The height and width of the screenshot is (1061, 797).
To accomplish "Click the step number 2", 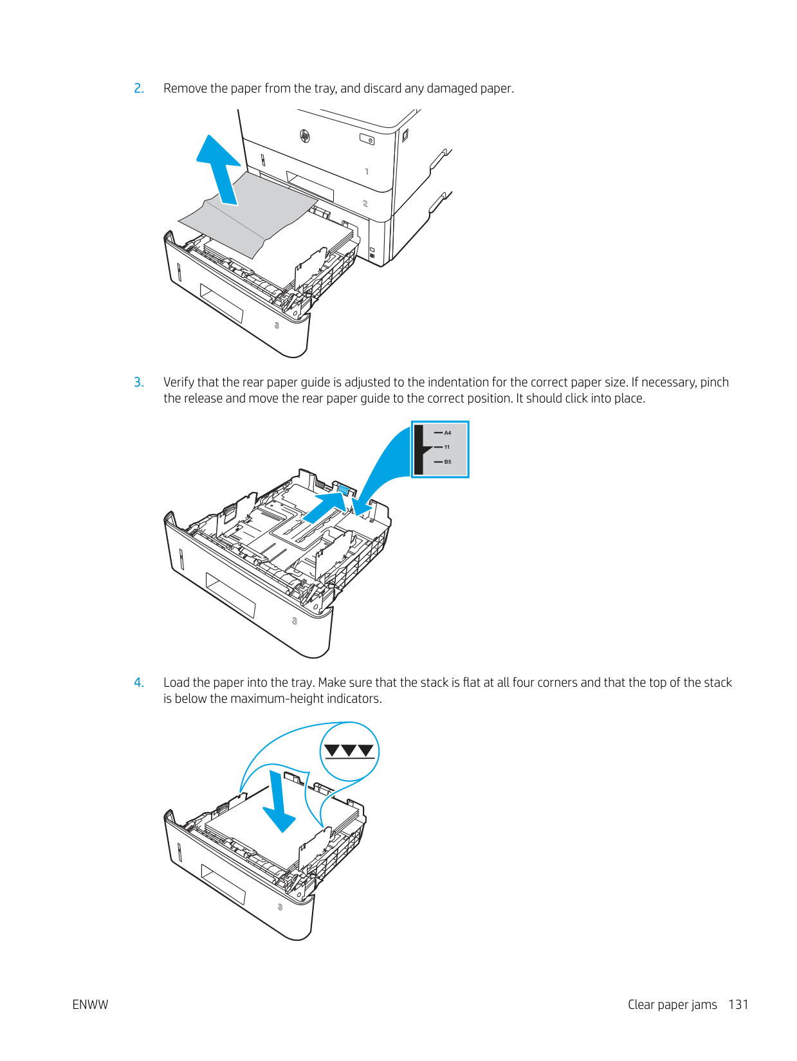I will (139, 89).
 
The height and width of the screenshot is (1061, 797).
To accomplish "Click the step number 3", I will (139, 383).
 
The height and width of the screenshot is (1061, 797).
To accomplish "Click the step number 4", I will (139, 683).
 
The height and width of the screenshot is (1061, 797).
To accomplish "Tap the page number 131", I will (738, 1005).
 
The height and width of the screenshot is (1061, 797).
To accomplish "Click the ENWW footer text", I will (90, 1005).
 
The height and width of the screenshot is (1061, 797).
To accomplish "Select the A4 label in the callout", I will (448, 433).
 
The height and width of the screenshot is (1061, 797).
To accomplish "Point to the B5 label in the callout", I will (448, 462).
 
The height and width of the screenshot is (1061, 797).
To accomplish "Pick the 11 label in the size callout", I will (447, 447).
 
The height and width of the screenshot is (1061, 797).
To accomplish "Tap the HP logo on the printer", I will (305, 136).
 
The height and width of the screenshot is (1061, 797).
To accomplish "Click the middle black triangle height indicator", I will (349, 750).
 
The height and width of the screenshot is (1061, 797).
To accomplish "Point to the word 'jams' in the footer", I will (703, 1005).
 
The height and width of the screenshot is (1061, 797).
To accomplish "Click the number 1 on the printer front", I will (367, 172).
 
